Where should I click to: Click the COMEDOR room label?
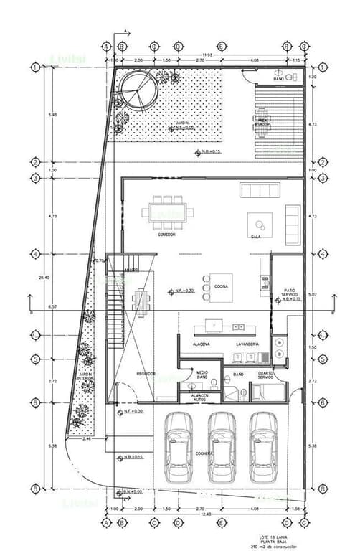click(166, 235)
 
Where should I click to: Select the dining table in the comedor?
click(167, 212)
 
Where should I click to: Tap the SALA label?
click(255, 236)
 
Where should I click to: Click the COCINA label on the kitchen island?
click(221, 286)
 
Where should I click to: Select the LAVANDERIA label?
click(247, 344)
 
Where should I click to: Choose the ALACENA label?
click(202, 344)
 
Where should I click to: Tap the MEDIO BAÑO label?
click(202, 375)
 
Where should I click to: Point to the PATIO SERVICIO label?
click(289, 291)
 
